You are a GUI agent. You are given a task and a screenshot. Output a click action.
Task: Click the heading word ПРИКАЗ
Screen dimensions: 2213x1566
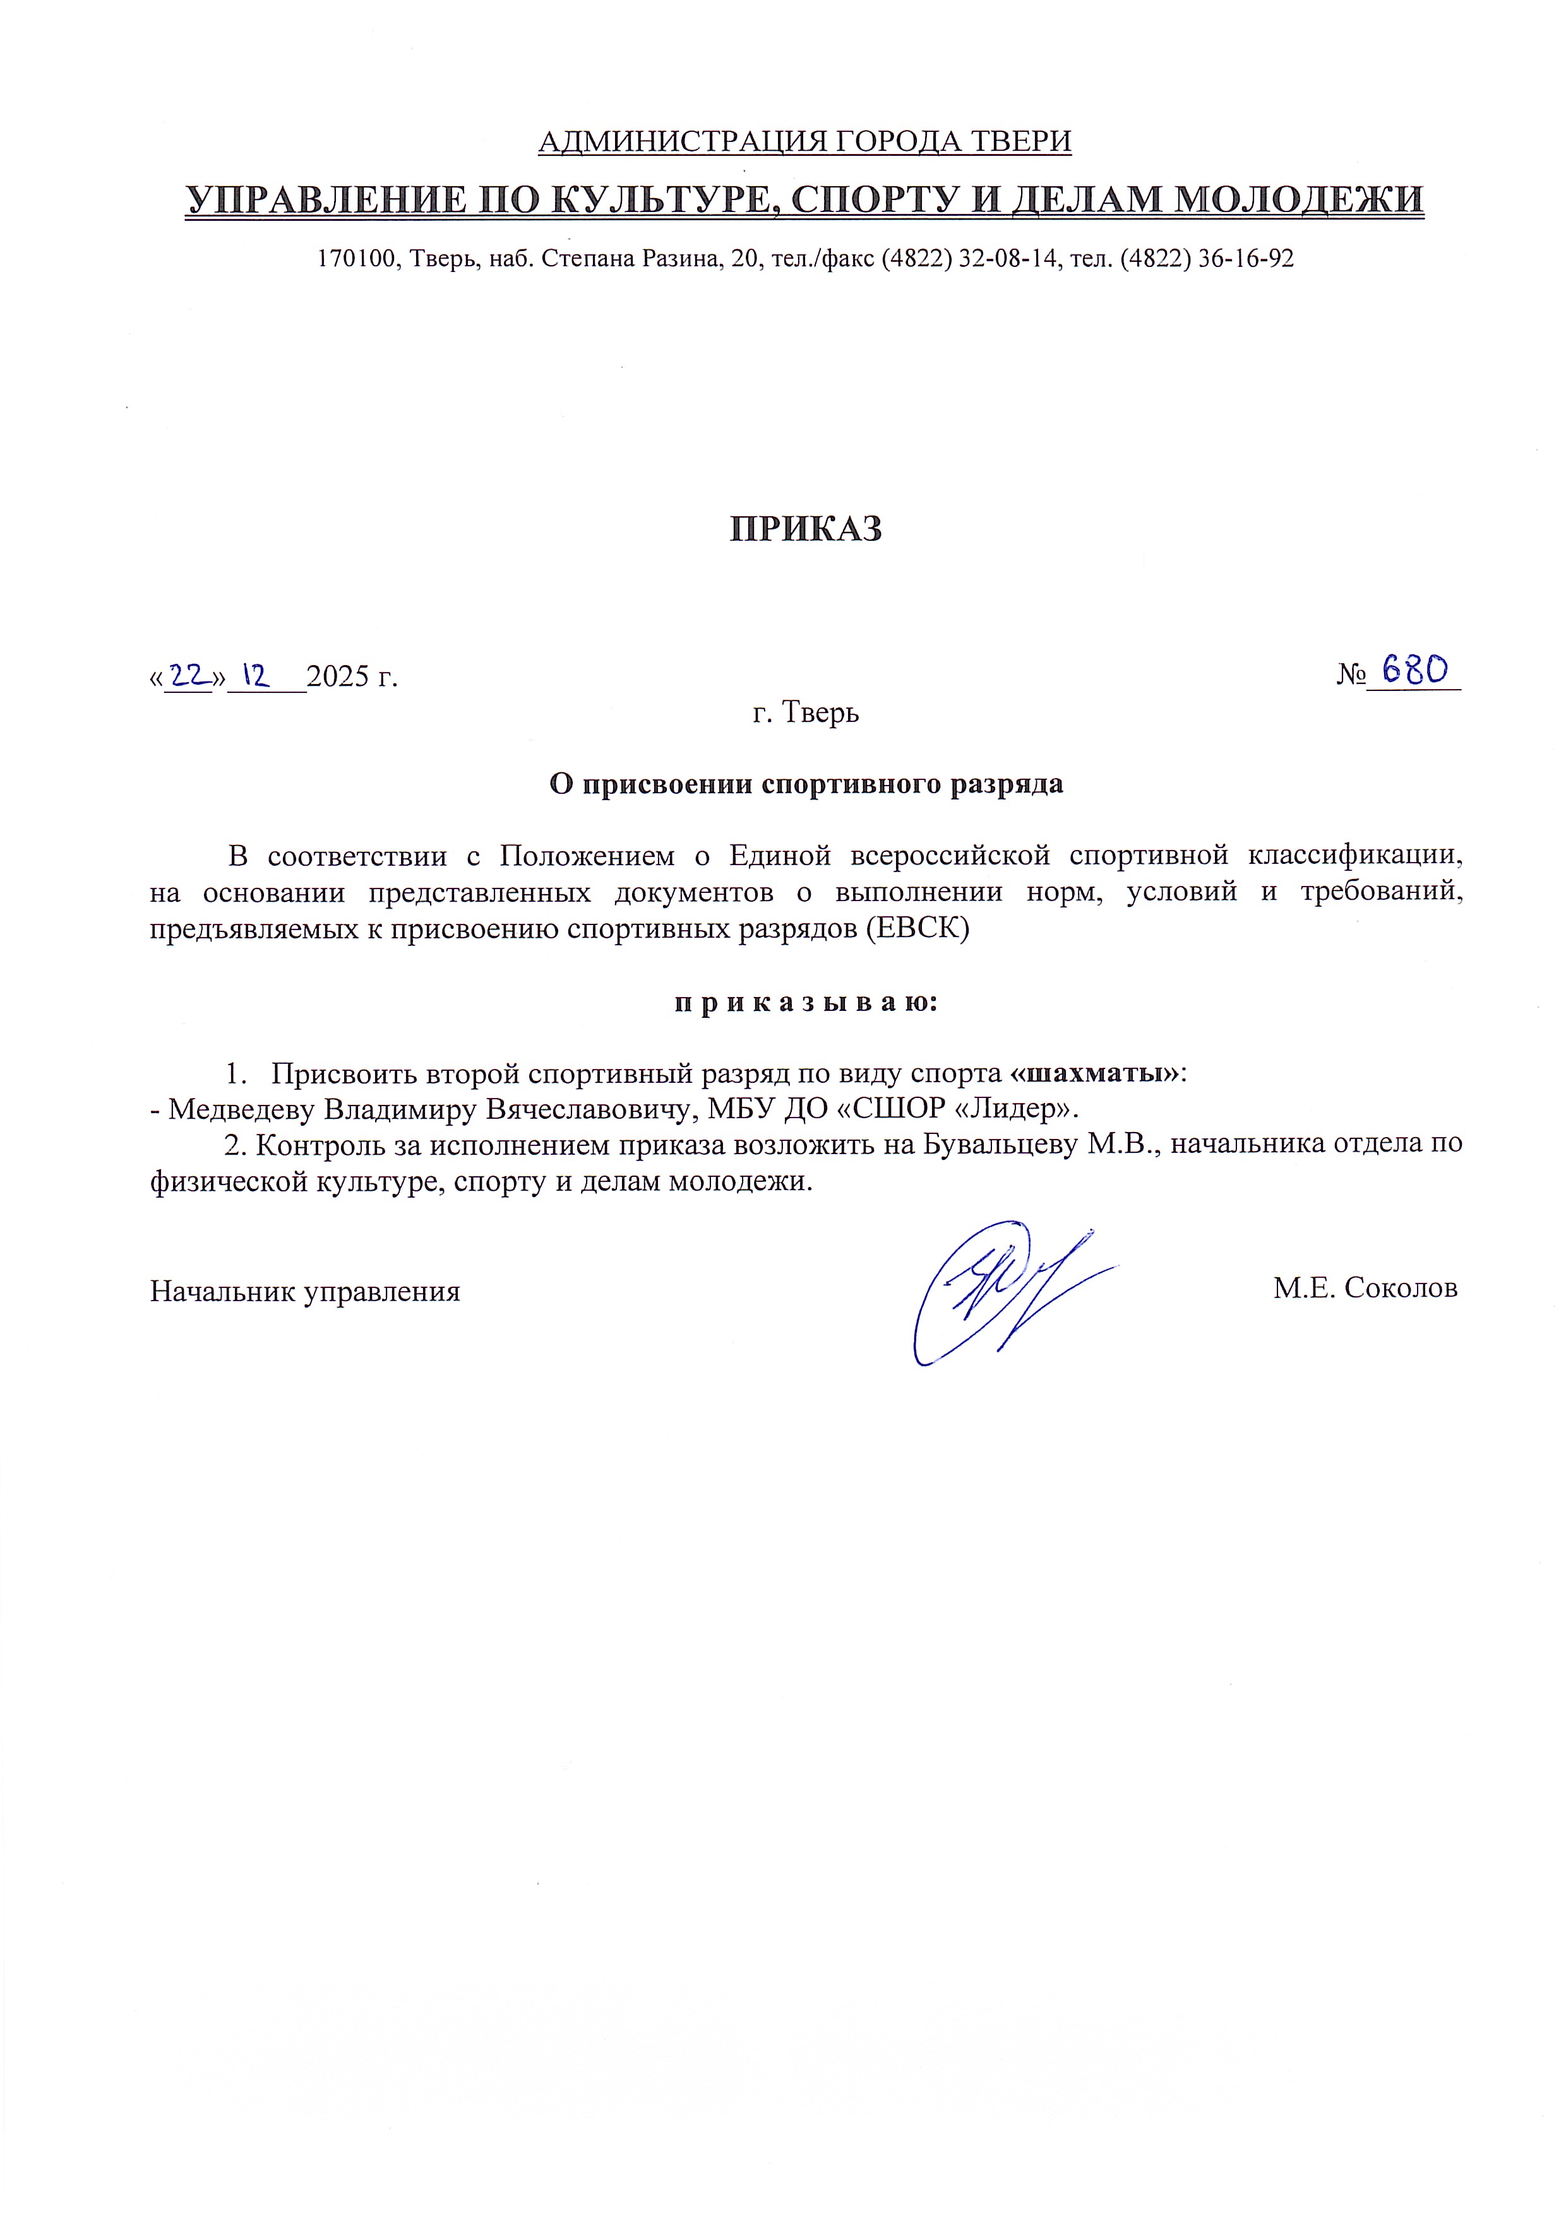tap(805, 529)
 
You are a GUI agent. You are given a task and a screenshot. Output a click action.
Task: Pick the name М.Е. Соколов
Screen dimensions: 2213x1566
tap(1365, 1288)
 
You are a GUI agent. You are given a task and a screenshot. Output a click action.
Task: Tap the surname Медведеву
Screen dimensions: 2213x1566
tap(241, 1109)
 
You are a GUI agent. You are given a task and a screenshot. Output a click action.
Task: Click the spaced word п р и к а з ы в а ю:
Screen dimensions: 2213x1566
tap(805, 1003)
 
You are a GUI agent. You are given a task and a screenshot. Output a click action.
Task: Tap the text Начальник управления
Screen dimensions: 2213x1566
tap(305, 1290)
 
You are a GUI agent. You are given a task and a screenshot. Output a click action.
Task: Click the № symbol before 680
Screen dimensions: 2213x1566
tap(1350, 675)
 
